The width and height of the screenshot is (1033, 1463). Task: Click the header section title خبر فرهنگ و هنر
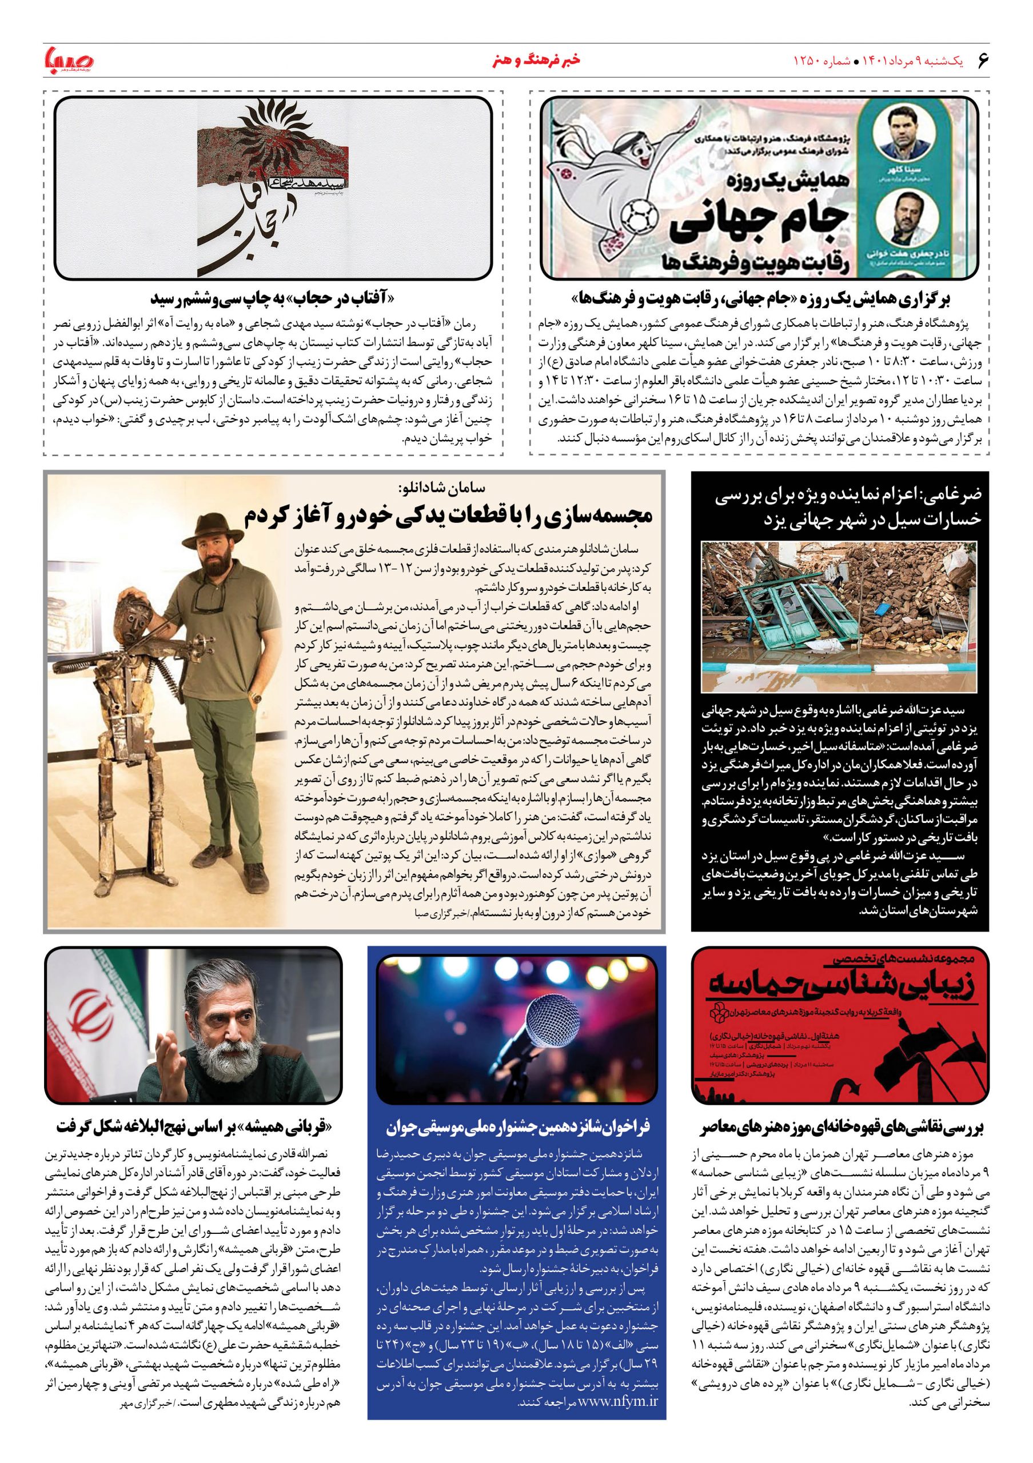(516, 62)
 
